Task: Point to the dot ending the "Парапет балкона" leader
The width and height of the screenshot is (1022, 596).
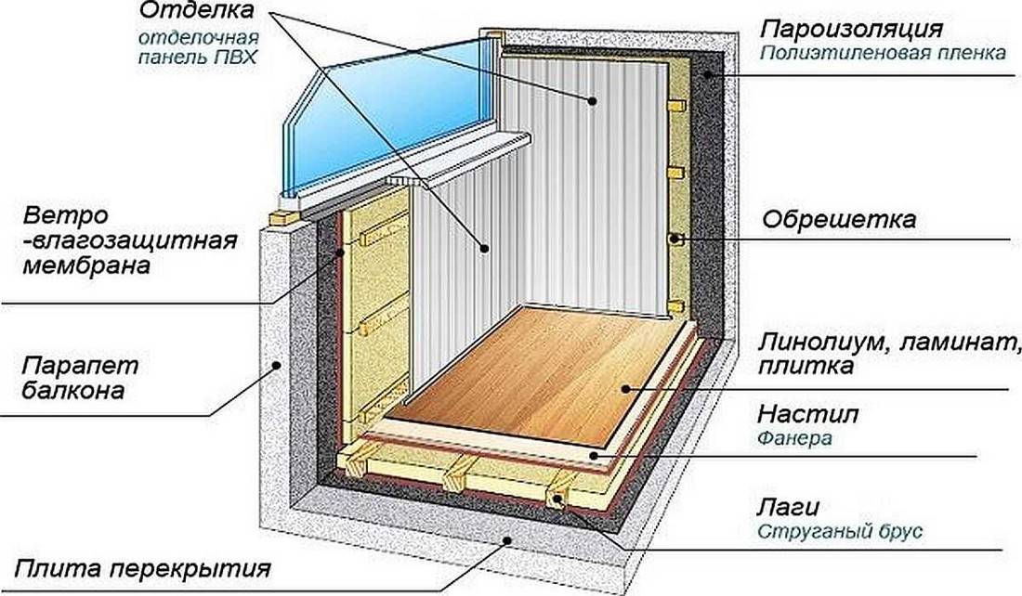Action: click(x=277, y=365)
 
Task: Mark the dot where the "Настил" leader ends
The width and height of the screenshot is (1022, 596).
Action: click(x=593, y=455)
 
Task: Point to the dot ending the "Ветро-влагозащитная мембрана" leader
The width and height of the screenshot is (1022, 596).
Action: click(x=340, y=253)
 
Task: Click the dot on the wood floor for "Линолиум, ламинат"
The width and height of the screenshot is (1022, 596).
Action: click(x=624, y=390)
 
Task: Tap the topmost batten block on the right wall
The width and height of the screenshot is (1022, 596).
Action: click(x=675, y=106)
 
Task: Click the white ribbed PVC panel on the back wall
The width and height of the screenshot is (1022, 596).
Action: click(x=586, y=182)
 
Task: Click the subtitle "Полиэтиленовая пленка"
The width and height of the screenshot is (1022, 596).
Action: click(x=884, y=53)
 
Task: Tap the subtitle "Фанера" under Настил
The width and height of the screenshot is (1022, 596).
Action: click(x=794, y=438)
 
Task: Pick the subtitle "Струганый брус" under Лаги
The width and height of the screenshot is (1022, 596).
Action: click(x=840, y=531)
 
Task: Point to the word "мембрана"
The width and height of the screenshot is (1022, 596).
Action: click(x=86, y=266)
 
